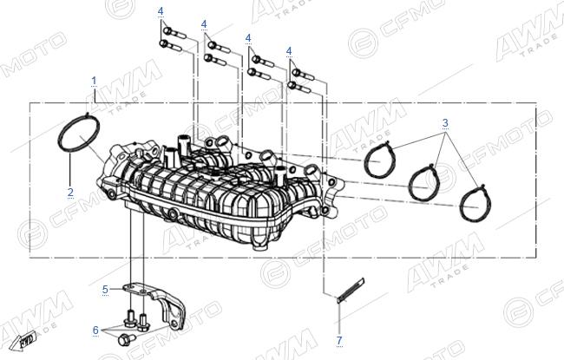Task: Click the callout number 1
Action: (x=94, y=81)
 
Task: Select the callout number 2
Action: (x=70, y=192)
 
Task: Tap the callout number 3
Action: (x=445, y=123)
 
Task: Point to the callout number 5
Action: (x=105, y=290)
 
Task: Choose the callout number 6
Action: (x=95, y=331)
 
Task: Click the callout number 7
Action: (x=339, y=340)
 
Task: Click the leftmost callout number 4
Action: (x=161, y=11)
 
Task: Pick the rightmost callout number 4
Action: (x=289, y=51)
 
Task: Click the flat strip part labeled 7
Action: (x=351, y=291)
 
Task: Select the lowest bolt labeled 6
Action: (x=127, y=339)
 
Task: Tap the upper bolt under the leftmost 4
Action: (x=174, y=33)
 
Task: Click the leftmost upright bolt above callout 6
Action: (x=130, y=317)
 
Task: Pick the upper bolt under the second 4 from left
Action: (x=219, y=47)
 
